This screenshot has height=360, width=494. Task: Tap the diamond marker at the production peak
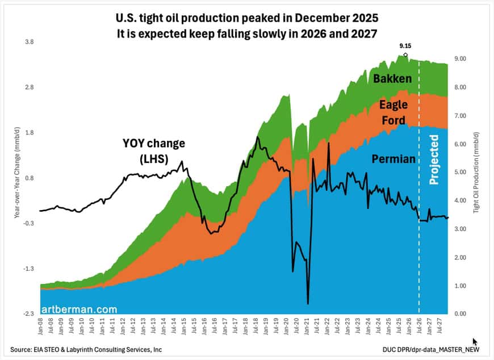point(405,55)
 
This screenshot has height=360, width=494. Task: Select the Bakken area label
point(393,79)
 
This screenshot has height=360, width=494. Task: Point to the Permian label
point(394,160)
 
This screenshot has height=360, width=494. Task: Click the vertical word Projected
point(434,160)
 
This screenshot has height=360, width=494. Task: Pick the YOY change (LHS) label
point(154,151)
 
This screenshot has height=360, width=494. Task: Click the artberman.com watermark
point(85,309)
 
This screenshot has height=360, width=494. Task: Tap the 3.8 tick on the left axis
point(27,42)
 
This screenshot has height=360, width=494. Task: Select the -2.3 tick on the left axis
point(26,314)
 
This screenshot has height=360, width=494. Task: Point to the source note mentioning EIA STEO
point(81,348)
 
